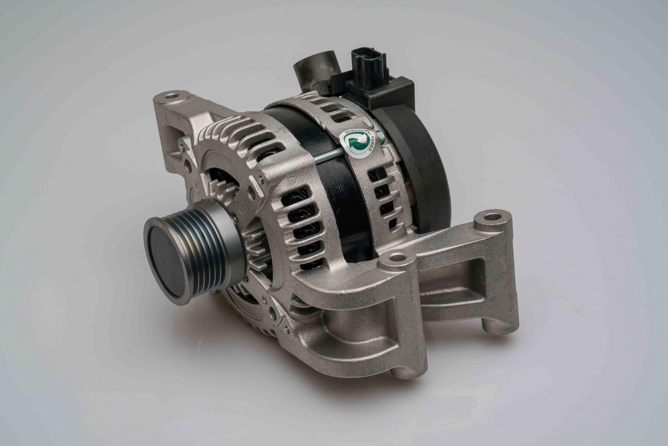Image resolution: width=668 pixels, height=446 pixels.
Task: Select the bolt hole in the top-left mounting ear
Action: click(171, 96)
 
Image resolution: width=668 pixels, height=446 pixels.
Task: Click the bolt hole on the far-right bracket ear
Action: click(492, 217)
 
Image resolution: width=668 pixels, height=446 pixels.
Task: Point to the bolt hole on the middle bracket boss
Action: click(397, 257)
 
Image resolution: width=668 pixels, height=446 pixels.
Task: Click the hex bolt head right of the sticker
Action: click(381, 138)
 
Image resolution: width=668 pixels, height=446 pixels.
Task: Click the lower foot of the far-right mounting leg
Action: click(501, 327)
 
